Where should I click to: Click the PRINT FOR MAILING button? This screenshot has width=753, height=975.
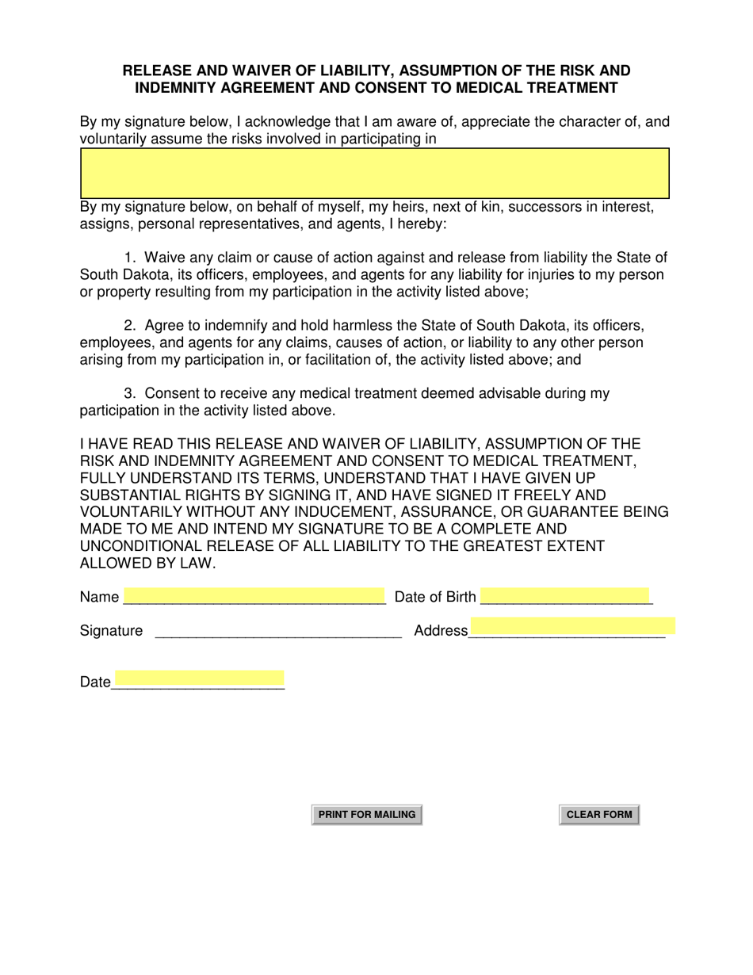(x=366, y=815)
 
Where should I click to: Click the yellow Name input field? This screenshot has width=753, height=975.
(x=254, y=596)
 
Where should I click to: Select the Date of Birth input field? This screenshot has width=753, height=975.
(x=565, y=596)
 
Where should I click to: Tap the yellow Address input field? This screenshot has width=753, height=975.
(x=572, y=626)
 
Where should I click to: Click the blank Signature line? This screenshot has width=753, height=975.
(x=278, y=631)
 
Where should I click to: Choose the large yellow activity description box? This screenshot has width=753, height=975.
(x=375, y=173)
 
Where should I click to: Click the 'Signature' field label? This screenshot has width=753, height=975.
(x=112, y=631)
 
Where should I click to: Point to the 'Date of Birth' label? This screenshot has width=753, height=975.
(x=435, y=597)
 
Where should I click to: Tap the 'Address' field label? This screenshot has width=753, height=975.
(x=441, y=631)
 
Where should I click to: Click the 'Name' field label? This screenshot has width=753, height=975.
(x=99, y=597)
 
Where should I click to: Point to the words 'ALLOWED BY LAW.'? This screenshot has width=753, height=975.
(x=148, y=563)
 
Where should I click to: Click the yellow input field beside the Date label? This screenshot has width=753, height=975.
(x=198, y=679)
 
